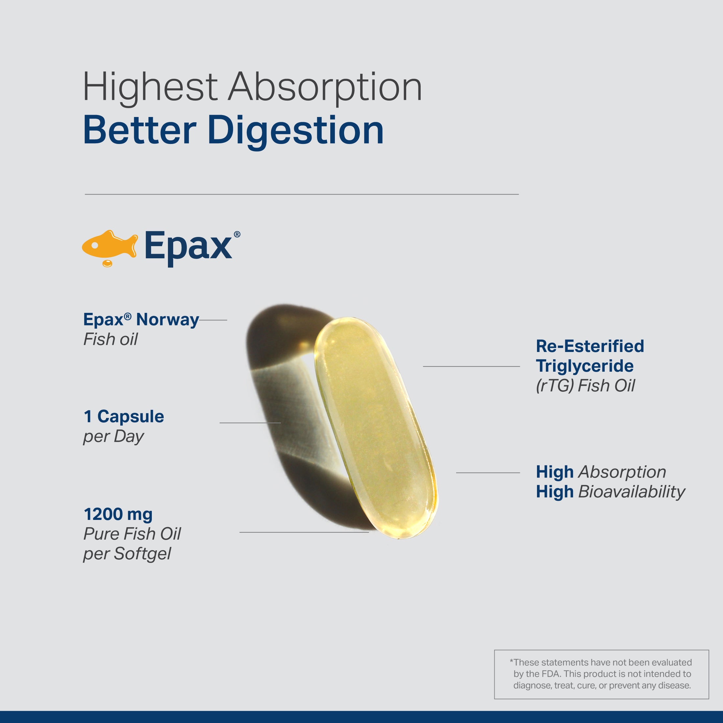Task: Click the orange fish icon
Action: click(x=109, y=245)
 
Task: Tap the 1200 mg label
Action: click(x=118, y=515)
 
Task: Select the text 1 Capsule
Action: click(x=124, y=416)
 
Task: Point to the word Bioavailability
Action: click(x=632, y=492)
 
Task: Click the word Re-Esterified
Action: click(x=590, y=346)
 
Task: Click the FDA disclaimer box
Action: click(x=601, y=674)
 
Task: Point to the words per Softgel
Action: click(x=127, y=554)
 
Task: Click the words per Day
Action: click(x=113, y=437)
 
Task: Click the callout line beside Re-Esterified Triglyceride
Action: click(x=472, y=366)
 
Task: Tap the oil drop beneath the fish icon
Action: click(x=107, y=263)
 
